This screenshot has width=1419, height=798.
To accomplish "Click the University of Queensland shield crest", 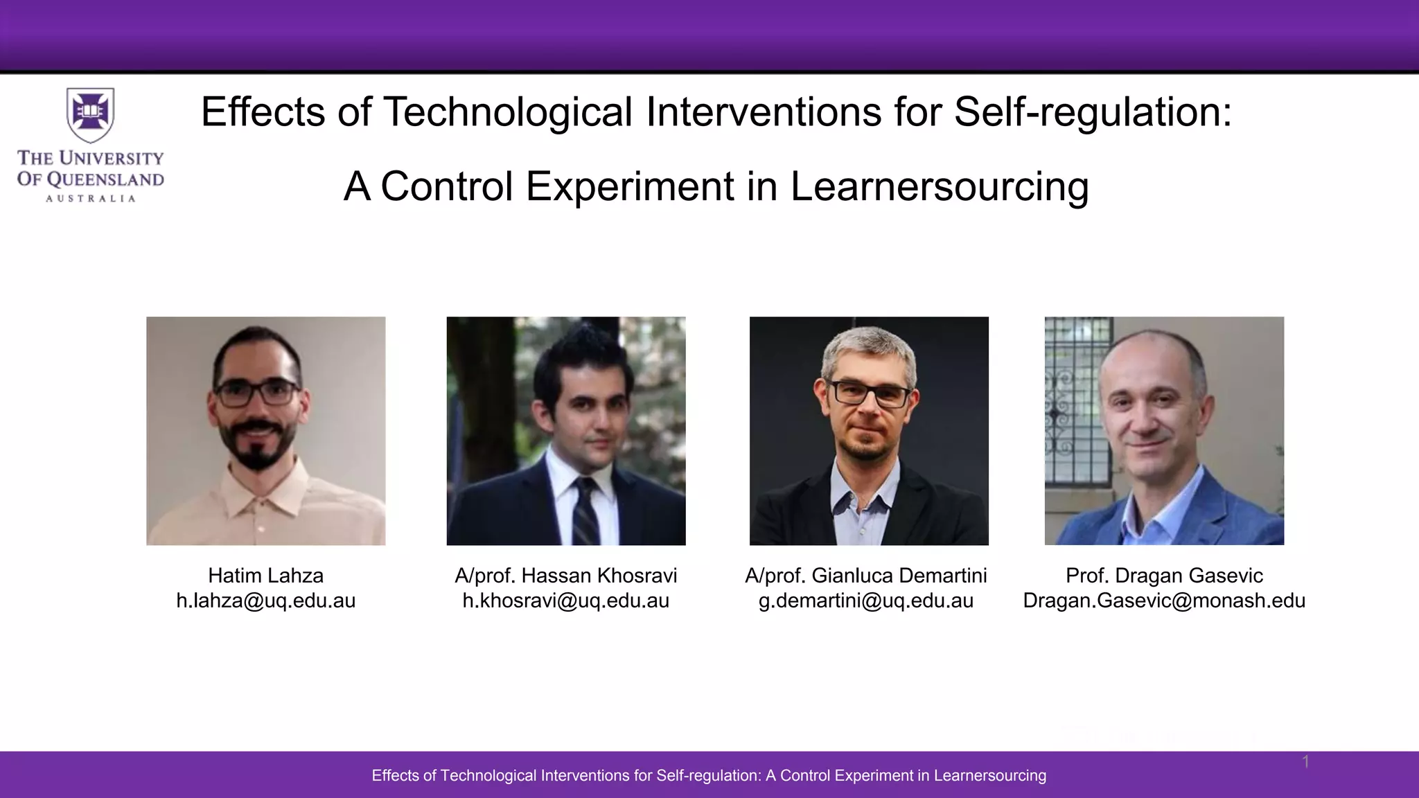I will (90, 113).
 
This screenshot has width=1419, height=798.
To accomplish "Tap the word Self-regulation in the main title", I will (1093, 112).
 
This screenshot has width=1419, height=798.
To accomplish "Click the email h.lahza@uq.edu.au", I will (265, 601).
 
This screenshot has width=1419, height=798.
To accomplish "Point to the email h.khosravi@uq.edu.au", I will (565, 601).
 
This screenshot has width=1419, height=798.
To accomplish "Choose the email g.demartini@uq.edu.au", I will (865, 601).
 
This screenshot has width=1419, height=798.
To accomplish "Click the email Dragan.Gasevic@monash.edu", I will (1164, 601).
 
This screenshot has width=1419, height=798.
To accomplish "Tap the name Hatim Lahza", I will (265, 576).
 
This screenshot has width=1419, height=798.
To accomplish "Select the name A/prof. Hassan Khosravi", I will (565, 576).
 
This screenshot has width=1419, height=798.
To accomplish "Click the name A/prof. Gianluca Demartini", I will (865, 576).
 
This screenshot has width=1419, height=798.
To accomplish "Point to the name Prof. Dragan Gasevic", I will (1164, 576).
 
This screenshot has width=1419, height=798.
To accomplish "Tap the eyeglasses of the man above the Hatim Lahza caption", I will (258, 393).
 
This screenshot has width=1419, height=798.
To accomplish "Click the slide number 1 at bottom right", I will (1305, 762).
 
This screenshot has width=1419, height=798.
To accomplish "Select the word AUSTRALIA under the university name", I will (90, 199).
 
